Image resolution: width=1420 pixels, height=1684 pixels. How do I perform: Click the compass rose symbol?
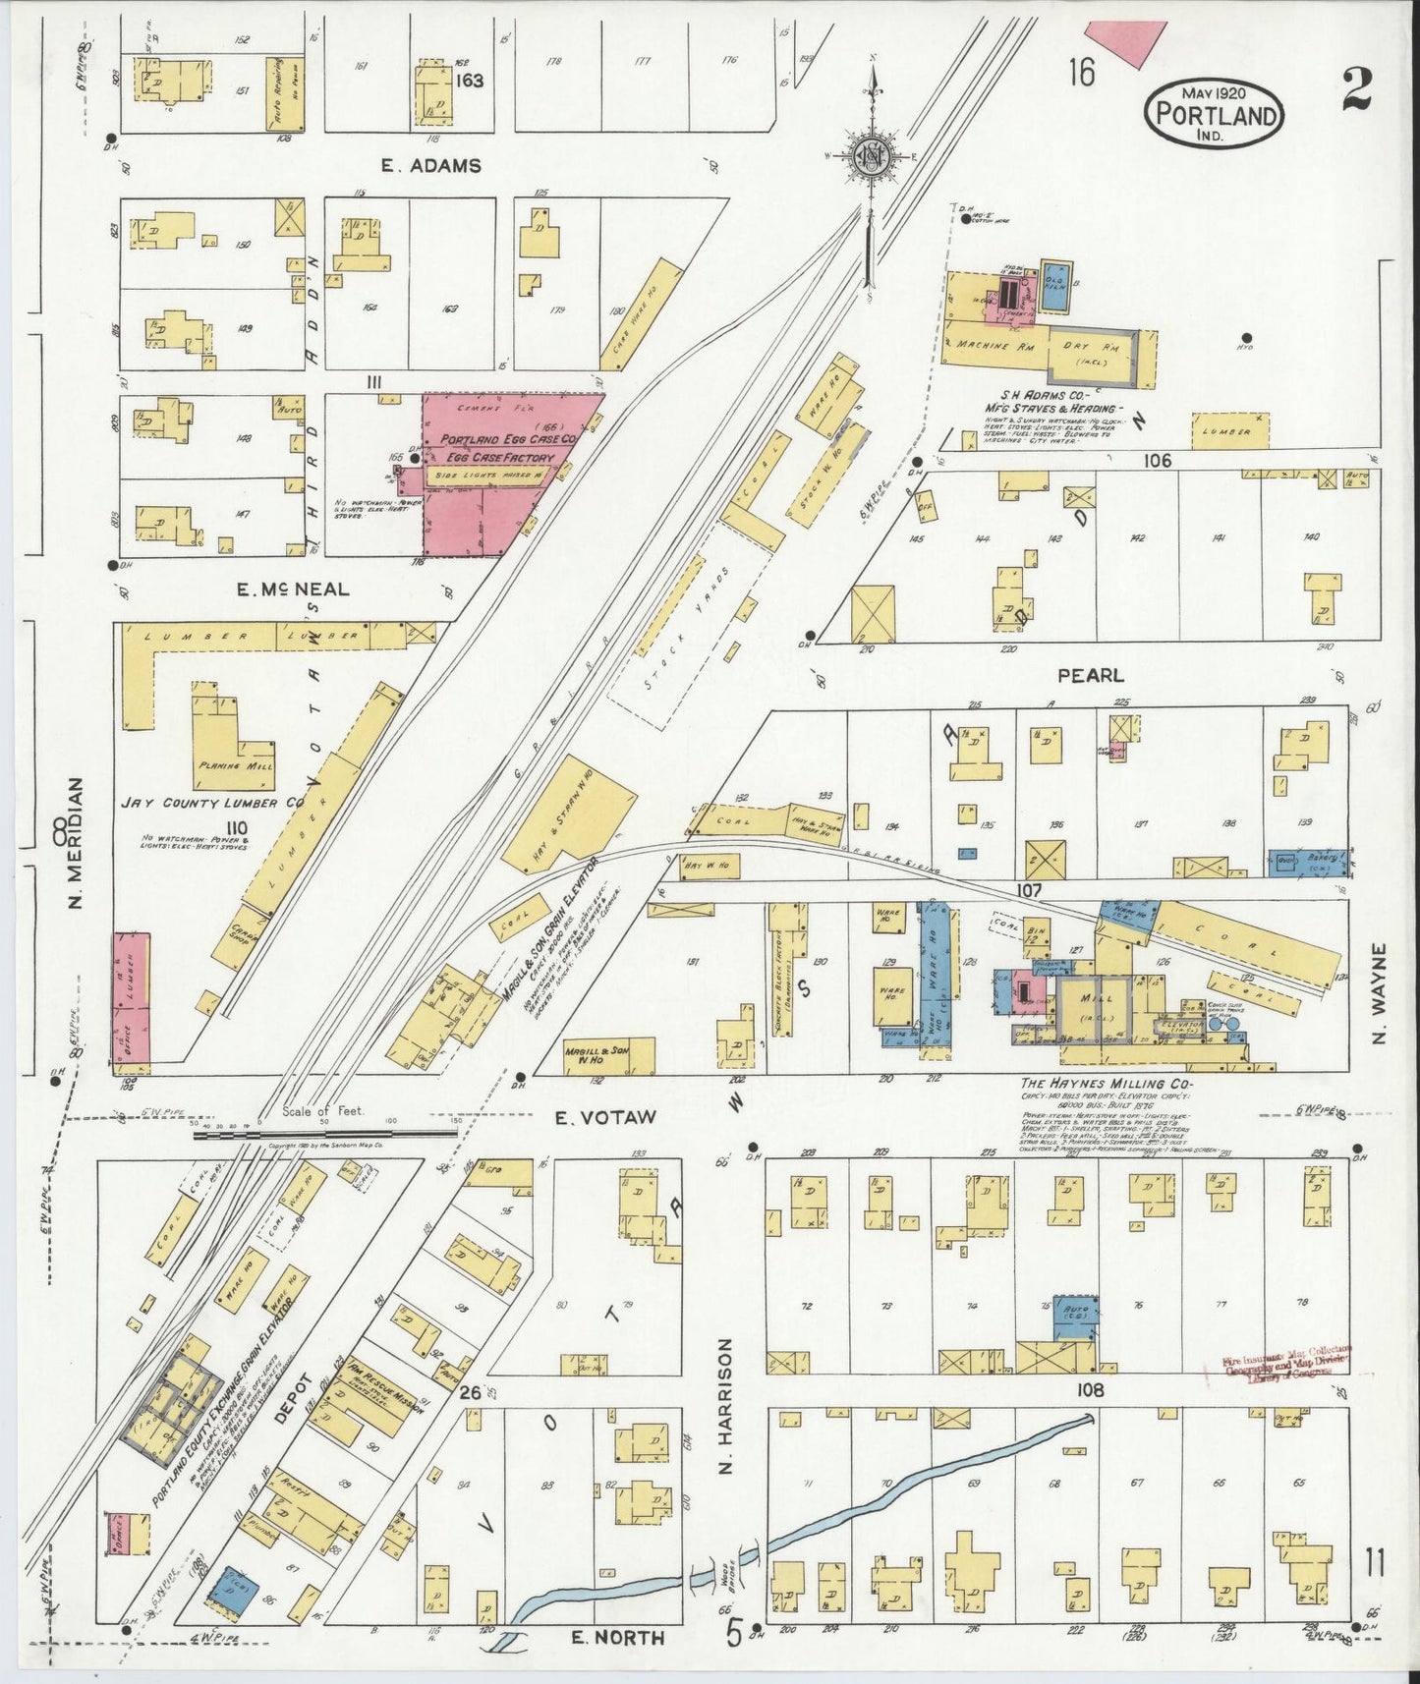point(870,154)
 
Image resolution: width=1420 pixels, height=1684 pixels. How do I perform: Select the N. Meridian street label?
point(79,845)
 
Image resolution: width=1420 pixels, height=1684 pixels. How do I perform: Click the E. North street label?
point(618,1637)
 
